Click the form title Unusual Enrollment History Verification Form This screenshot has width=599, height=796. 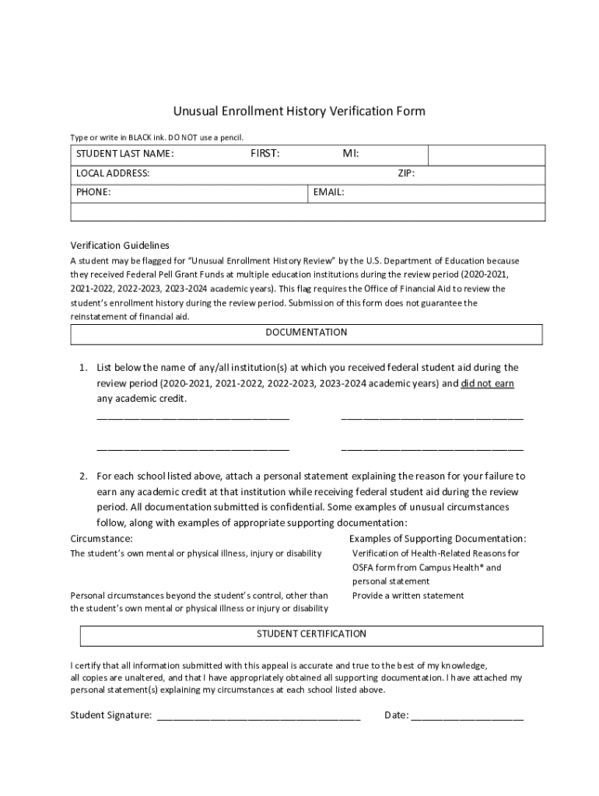tap(299, 111)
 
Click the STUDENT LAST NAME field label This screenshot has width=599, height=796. tap(124, 154)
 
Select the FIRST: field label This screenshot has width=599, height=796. tap(264, 154)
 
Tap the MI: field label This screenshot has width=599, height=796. tap(351, 154)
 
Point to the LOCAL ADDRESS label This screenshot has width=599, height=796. tap(113, 173)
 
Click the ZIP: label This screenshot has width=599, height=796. tap(406, 173)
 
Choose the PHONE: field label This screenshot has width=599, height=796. tap(93, 192)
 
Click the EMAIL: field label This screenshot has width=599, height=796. tap(328, 192)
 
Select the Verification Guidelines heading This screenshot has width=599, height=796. tap(120, 245)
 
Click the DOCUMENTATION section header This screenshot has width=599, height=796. tap(307, 333)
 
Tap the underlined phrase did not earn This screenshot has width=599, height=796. tap(488, 383)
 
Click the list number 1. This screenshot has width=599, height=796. tap(82, 368)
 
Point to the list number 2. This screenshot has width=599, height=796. tap(82, 476)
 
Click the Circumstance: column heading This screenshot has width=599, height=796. tap(101, 539)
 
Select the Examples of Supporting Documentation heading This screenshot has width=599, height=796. tap(437, 539)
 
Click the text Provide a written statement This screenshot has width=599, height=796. tap(408, 595)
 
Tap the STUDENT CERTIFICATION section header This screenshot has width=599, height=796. tap(311, 634)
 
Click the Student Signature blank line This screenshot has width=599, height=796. tap(258, 717)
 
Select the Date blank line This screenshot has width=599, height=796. tap(467, 717)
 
